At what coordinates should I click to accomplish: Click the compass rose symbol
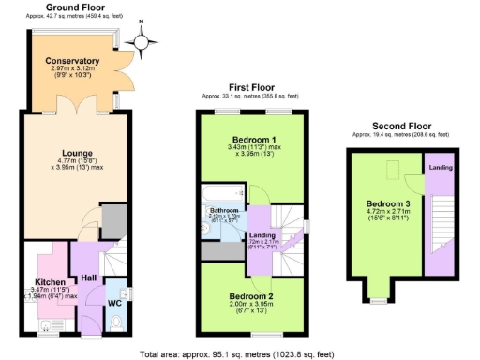click(142, 40)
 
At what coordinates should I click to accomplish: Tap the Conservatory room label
click(72, 62)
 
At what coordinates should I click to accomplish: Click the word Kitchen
click(49, 281)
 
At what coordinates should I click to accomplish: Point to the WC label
click(114, 303)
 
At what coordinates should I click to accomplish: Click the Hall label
click(89, 278)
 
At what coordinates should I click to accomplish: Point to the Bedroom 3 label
click(388, 203)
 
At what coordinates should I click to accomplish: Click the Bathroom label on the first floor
click(225, 210)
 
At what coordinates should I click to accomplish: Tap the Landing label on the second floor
click(441, 168)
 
